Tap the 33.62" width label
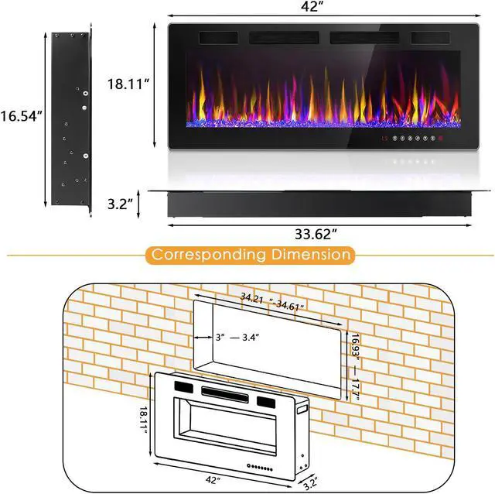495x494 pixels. (318, 234)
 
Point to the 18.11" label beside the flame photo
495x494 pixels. (128, 84)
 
